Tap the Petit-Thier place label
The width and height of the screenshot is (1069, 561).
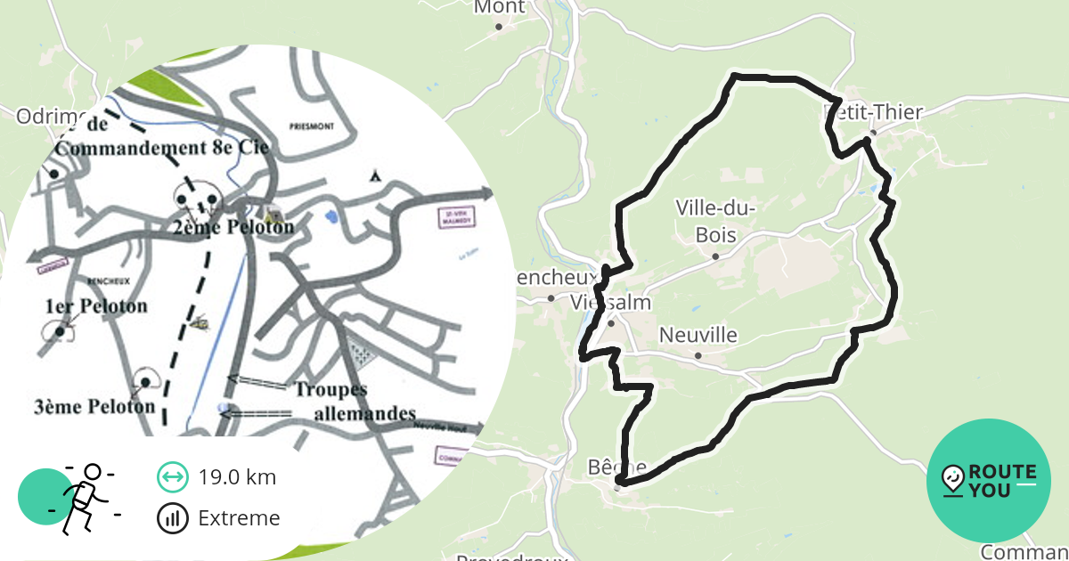coord(875,112)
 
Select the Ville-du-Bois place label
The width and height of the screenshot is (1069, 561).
coord(716,221)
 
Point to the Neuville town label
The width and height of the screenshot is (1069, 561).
coord(698,336)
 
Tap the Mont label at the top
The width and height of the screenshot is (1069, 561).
coord(500,8)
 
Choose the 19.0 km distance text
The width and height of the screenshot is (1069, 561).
coord(237,477)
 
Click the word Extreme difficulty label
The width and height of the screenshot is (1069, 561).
coord(239,518)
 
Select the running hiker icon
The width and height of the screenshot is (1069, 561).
coord(84,499)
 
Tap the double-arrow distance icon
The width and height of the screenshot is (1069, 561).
coord(172,477)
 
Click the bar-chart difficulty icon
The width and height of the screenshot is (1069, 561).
coord(172,518)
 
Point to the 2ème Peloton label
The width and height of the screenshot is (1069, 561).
coord(233,226)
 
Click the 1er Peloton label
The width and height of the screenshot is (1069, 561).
coord(96,306)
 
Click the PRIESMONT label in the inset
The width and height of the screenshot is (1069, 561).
coord(311,126)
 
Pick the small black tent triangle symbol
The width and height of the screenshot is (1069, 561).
coord(376,175)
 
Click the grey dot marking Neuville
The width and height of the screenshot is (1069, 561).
coord(698,356)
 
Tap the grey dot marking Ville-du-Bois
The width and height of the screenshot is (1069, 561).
coord(715,256)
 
